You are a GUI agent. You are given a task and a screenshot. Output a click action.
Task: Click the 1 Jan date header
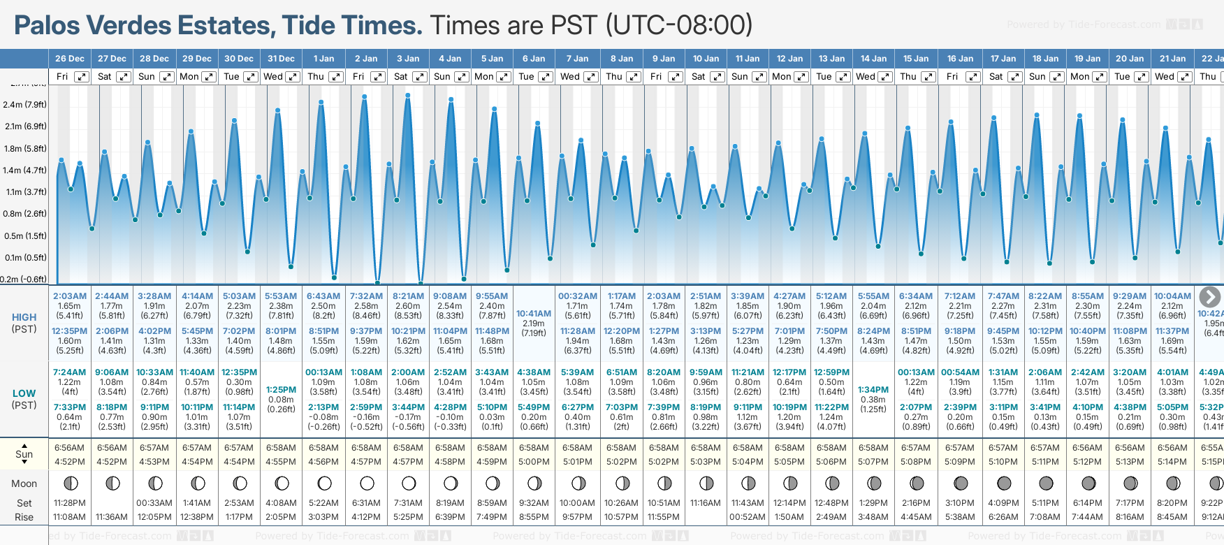[323, 59]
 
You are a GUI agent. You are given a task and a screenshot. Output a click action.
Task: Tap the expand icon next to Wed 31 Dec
[293, 77]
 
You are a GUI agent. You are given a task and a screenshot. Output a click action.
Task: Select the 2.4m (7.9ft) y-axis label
[24, 105]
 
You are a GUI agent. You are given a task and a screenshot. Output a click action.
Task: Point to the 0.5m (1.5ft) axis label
[24, 236]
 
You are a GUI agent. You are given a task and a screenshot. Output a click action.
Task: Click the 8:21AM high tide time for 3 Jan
[408, 296]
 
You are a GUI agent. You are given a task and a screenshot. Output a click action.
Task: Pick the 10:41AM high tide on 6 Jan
[534, 314]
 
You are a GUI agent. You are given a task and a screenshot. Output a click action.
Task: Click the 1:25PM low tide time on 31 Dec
[281, 390]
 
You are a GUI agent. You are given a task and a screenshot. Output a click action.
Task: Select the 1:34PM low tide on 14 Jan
[873, 390]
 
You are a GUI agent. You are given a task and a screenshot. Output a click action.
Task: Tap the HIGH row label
[24, 317]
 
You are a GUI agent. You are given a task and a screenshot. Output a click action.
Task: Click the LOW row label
[24, 393]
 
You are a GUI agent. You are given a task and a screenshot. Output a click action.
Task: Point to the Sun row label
[24, 454]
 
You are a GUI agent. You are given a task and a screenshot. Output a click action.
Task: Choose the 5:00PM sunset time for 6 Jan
[534, 462]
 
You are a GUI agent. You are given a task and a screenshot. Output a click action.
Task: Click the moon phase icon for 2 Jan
[366, 483]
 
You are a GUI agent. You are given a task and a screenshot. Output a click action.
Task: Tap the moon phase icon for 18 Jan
[1046, 483]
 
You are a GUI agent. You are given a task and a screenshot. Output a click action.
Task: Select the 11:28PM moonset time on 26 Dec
[69, 503]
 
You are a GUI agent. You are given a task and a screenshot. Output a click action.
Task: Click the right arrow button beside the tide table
[1209, 297]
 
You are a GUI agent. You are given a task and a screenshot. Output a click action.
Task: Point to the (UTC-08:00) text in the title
[678, 26]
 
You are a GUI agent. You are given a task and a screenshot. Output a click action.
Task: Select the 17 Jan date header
[1004, 59]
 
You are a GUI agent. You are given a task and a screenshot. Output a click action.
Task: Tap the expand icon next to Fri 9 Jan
[675, 77]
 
